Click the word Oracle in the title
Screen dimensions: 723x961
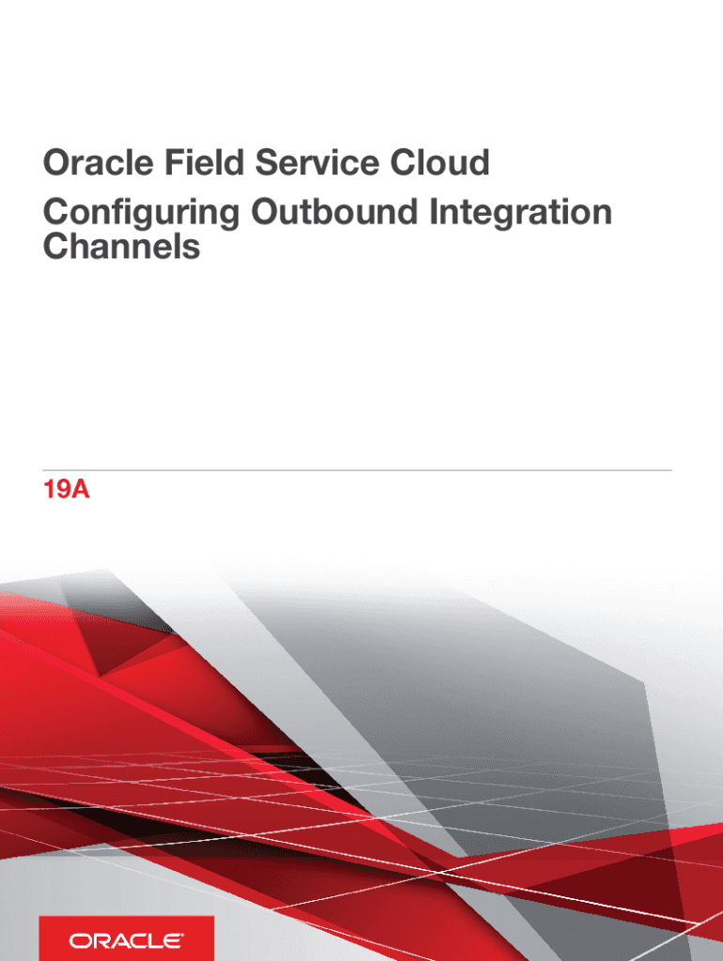coord(98,162)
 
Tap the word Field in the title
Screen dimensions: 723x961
coord(204,162)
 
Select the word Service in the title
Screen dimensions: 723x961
coord(317,162)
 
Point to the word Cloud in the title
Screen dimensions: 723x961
coord(439,162)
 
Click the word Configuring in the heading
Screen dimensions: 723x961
coord(141,213)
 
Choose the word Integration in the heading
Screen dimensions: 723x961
coord(520,213)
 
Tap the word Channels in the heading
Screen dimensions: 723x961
coord(121,247)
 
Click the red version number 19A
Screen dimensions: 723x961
coord(67,490)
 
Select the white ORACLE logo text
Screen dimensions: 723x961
coord(126,940)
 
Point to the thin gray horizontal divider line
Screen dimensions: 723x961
coord(358,470)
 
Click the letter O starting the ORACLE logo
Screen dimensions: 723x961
coord(79,940)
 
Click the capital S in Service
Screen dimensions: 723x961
coord(267,163)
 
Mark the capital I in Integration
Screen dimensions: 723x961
coord(433,212)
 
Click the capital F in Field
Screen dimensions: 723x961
coord(174,163)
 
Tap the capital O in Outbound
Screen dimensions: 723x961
coord(265,212)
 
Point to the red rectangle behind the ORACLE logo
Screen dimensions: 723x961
coord(127,938)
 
